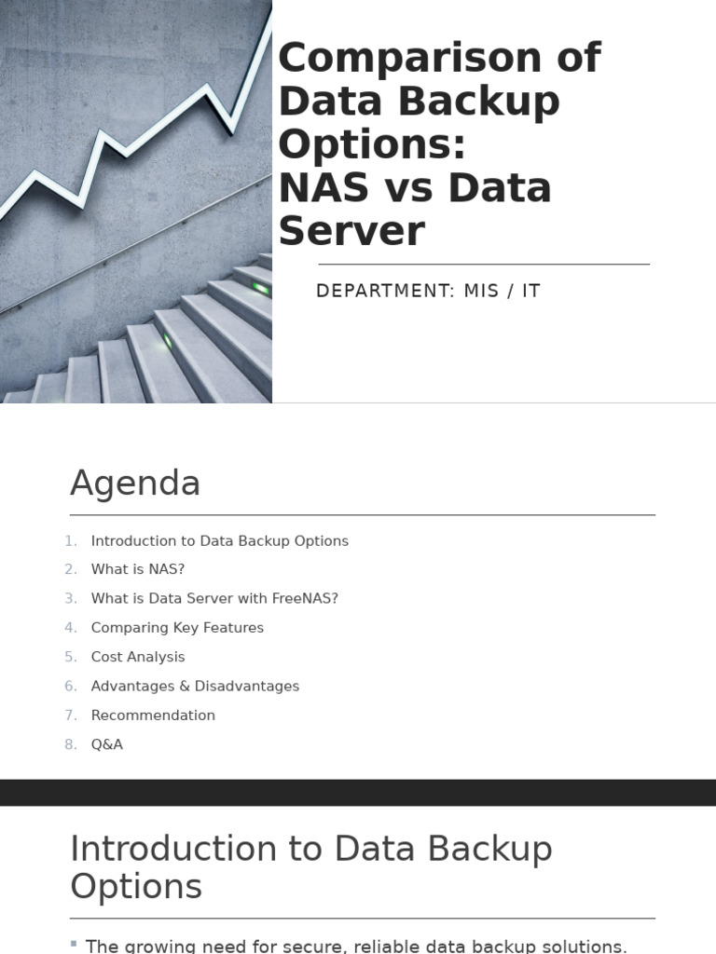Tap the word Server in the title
351,231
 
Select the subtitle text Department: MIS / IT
428,291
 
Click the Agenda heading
135,484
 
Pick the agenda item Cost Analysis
138,657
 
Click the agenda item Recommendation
153,715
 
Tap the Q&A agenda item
107,744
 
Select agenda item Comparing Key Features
177,628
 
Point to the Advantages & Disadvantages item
195,687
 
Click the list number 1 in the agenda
71,541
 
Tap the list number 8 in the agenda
71,744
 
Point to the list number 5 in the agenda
71,657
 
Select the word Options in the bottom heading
136,886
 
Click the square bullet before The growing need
74,944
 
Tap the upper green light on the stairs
262,289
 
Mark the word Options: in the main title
370,144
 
